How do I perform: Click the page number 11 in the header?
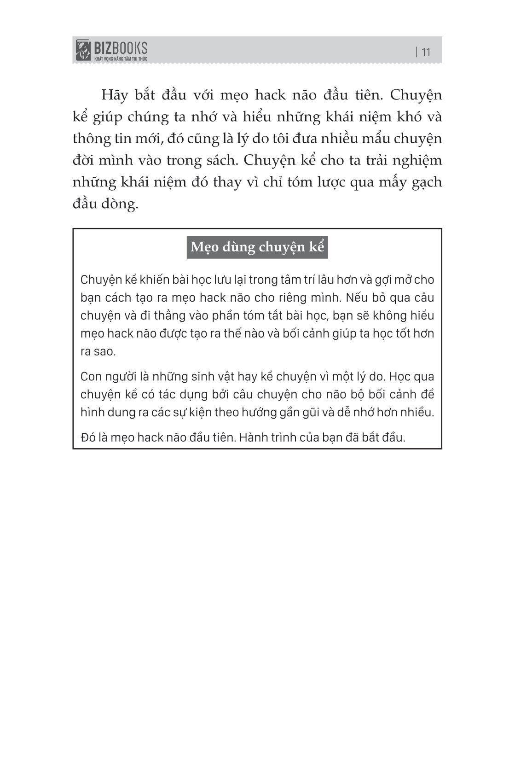(x=426, y=52)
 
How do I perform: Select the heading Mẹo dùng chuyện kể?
(x=257, y=247)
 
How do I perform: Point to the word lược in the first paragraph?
(x=327, y=182)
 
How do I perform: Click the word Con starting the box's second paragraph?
(x=91, y=377)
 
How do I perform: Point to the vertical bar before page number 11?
(x=417, y=52)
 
